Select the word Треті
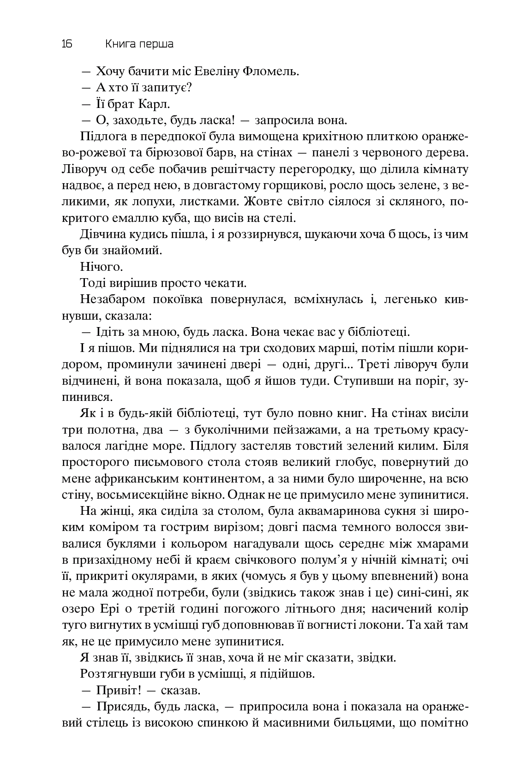pos(377,364)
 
